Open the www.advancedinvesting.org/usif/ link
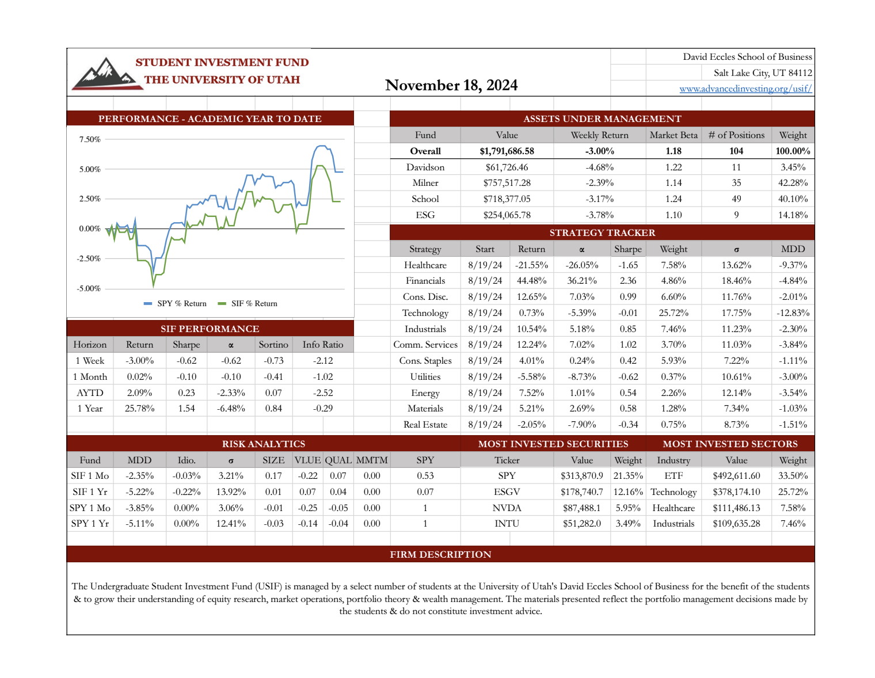[x=745, y=89]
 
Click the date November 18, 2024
[x=451, y=85]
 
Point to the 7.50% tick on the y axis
[x=90, y=139]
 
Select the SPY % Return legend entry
[x=175, y=303]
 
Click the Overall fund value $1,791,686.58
[x=507, y=151]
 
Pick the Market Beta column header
[x=673, y=135]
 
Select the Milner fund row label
[x=425, y=183]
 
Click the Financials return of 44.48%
[x=531, y=281]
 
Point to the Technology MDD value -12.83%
[x=793, y=313]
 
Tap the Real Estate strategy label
[x=425, y=425]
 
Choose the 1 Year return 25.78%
[x=139, y=409]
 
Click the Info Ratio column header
[x=322, y=345]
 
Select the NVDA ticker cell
[x=507, y=508]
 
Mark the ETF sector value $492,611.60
[x=736, y=476]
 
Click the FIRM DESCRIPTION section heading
[x=440, y=554]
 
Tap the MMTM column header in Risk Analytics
[x=372, y=460]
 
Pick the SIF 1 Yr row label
[x=90, y=492]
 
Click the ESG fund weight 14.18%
[x=793, y=215]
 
